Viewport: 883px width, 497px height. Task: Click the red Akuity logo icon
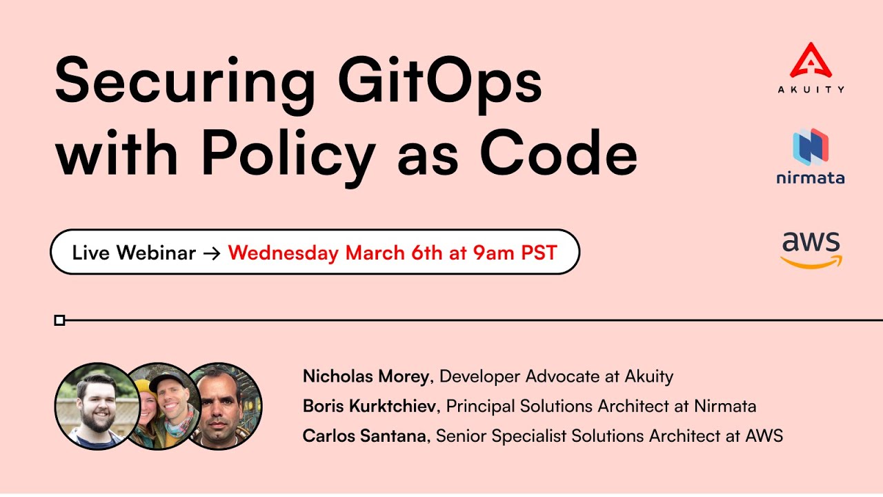[811, 60]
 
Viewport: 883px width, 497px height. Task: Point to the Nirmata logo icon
[811, 146]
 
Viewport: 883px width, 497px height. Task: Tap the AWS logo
[811, 250]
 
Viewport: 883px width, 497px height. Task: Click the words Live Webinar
[134, 253]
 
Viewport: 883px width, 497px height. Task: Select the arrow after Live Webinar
[212, 253]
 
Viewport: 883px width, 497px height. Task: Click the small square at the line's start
[59, 320]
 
